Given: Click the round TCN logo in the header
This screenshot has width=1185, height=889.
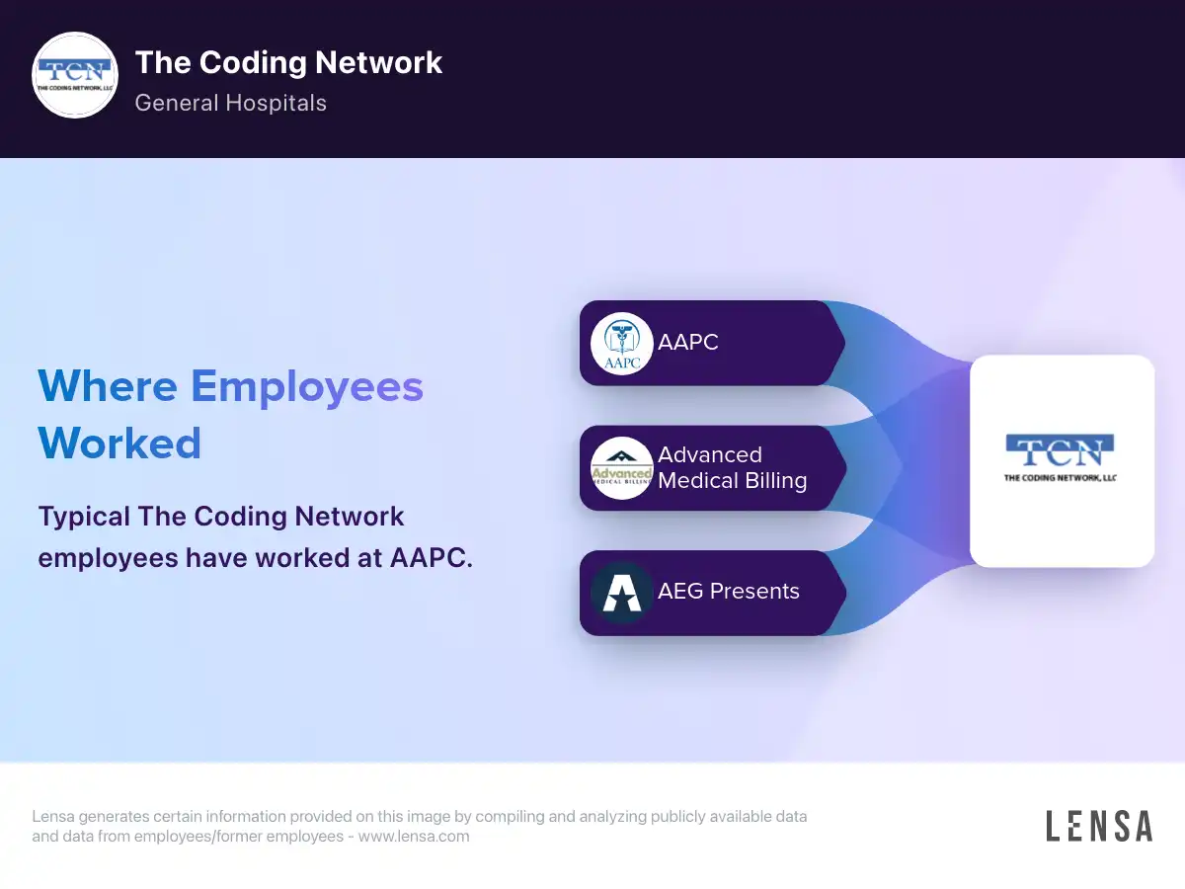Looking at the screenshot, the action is (x=75, y=75).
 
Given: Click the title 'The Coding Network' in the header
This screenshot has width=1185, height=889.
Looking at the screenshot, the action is (x=288, y=62).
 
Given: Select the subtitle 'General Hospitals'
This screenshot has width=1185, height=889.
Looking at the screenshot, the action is (x=230, y=103).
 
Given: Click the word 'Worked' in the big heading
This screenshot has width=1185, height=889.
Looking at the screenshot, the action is (x=119, y=444).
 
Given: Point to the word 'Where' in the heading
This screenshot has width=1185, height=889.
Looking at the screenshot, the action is (x=108, y=386).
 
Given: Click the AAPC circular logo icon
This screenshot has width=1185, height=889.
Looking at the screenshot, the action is (x=622, y=344).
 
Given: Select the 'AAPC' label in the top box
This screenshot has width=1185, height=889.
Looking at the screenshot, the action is (x=687, y=342).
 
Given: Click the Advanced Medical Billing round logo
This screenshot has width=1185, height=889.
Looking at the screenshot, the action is (x=622, y=468).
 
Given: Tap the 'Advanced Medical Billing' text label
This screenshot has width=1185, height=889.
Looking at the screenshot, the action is (x=733, y=468).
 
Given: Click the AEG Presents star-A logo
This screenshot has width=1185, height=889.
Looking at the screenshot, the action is (x=622, y=593).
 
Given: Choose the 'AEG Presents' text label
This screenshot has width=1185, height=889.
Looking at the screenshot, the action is (x=728, y=591).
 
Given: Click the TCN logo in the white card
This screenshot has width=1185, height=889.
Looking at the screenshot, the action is (x=1060, y=450).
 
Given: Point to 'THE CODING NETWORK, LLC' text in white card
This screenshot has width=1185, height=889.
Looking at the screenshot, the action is (x=1060, y=478).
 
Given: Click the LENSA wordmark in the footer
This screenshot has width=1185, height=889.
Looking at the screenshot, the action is (x=1099, y=826).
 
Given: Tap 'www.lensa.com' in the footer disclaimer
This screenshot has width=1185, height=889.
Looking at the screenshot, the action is (x=414, y=837).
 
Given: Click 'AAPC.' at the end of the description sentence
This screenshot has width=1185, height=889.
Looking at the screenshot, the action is (x=432, y=558).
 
